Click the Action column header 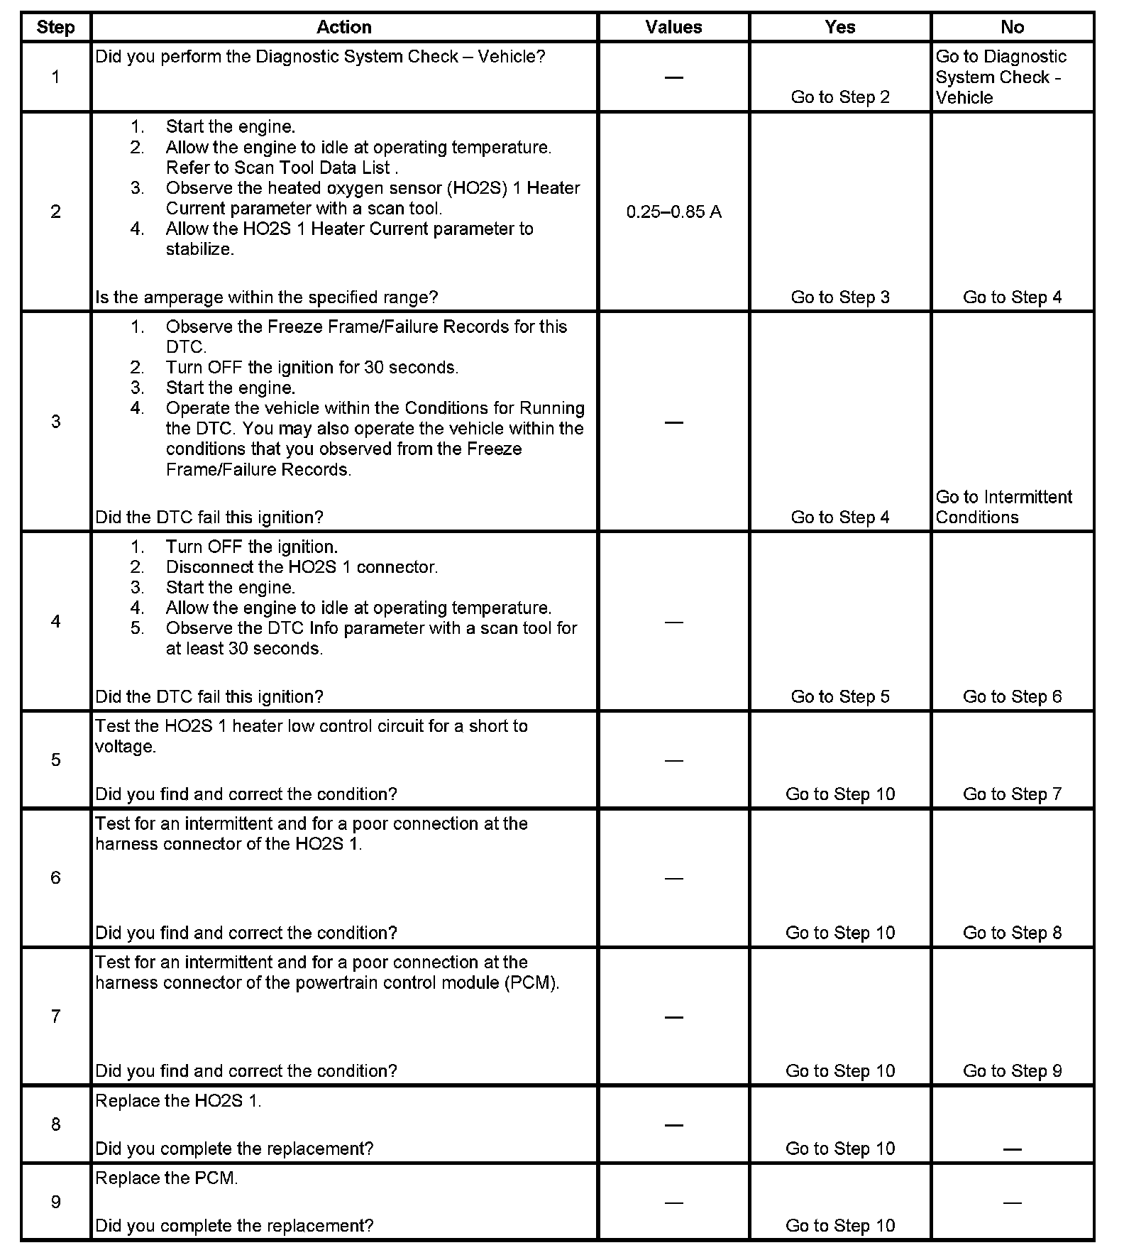343,27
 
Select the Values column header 673,27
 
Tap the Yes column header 840,27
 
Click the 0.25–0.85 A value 673,212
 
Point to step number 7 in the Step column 55,1016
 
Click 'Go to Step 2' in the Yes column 840,97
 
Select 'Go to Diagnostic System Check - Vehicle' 1001,77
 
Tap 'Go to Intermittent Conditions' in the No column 1003,507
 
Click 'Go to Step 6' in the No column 1012,696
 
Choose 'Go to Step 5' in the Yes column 840,696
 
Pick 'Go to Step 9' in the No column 1012,1070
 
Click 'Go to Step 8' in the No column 1012,932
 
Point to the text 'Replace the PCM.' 167,1178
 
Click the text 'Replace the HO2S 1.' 178,1100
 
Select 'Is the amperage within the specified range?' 267,297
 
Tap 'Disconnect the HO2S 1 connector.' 302,567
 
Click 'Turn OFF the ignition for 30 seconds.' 312,368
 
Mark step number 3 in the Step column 55,422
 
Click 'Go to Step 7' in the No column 1012,794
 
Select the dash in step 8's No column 1012,1149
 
